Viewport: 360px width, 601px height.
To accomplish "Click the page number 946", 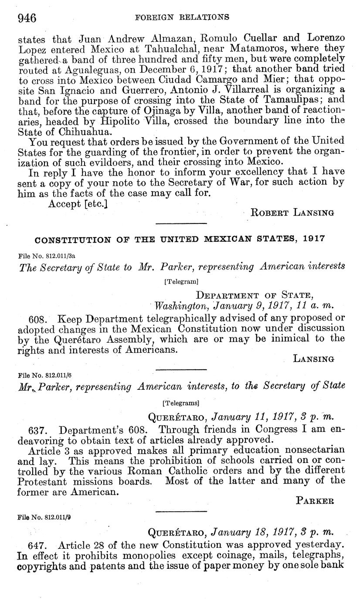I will [27, 17].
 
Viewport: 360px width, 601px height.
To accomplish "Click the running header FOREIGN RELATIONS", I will [182, 17].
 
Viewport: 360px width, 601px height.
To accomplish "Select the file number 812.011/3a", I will [43, 256].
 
